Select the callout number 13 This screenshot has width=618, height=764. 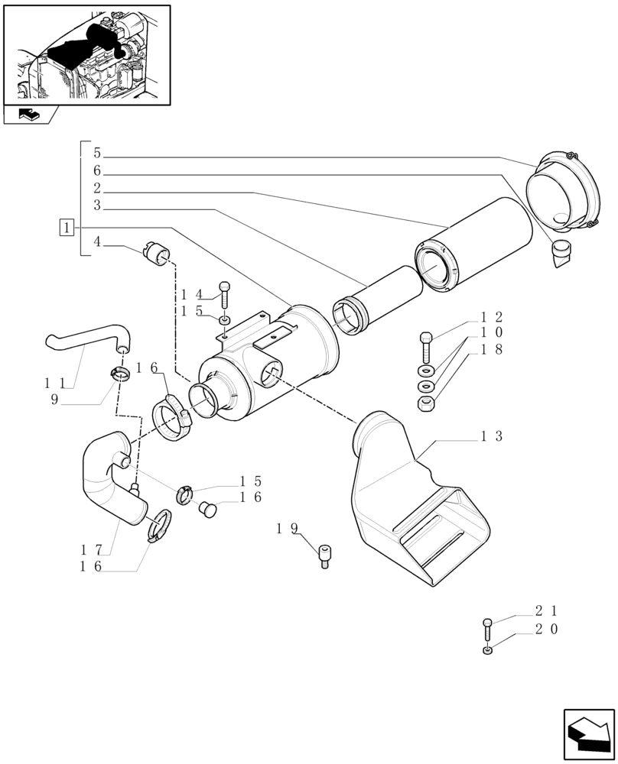[x=491, y=436]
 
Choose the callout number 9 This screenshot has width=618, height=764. [x=54, y=399]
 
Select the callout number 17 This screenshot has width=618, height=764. [x=90, y=549]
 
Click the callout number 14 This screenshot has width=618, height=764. [x=191, y=294]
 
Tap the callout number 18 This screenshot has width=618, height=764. [x=491, y=349]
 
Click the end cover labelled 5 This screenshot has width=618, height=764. [x=564, y=192]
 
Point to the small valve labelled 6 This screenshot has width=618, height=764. [x=562, y=253]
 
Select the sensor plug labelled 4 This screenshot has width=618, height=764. [x=157, y=254]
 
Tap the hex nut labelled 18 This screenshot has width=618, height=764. [x=427, y=403]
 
